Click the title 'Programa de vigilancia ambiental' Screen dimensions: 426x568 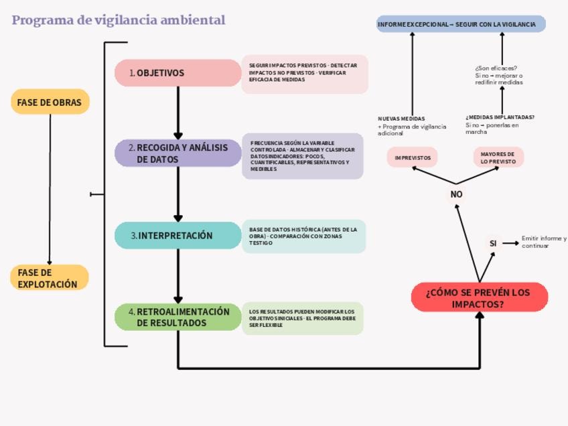tap(119, 20)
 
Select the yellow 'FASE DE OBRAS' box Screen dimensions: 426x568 tap(50, 102)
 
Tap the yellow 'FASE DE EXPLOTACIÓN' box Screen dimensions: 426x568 tap(50, 278)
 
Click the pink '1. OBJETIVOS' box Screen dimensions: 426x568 tap(177, 73)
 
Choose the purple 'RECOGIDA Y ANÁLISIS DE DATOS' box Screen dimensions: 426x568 tap(177, 153)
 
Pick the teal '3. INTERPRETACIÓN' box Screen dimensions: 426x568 tap(177, 236)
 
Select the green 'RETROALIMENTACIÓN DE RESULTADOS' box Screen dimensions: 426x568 tap(177, 317)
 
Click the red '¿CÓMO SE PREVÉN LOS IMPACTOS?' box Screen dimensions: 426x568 tap(480, 297)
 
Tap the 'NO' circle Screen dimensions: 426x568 tap(456, 194)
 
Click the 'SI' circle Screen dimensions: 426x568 tap(493, 244)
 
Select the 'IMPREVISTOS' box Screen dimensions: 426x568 tap(413, 157)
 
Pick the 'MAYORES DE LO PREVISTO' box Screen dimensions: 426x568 tap(498, 157)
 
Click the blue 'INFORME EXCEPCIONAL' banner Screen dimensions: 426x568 tap(461, 25)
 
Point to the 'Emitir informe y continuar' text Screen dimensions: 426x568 tap(544, 242)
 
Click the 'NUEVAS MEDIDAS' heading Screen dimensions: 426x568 tap(401, 119)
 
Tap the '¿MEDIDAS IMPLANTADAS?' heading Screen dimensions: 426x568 tap(500, 117)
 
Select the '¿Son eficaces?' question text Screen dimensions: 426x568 tap(496, 68)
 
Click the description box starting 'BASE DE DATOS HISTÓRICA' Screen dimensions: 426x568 tap(303, 236)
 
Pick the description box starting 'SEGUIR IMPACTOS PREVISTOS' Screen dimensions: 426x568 tap(305, 74)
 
